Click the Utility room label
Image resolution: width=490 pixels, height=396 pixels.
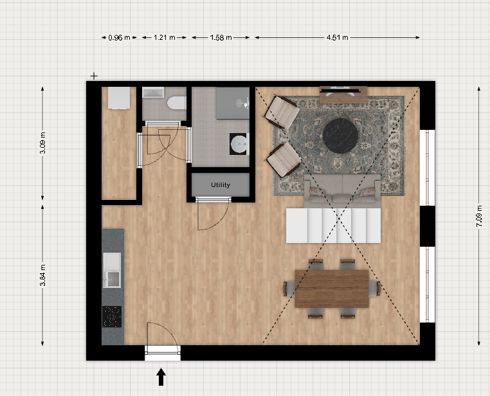221,185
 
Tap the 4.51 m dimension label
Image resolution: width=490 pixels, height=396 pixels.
337,37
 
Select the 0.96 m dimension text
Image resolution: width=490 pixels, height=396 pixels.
119,38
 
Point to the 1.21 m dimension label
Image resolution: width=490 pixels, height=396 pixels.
165,37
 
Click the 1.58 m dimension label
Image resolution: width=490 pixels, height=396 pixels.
221,38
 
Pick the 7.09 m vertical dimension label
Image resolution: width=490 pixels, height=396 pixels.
479,216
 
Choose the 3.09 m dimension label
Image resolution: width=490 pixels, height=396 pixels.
43,143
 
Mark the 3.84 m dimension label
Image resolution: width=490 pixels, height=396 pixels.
43,275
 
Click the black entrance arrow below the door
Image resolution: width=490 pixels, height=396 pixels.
161,377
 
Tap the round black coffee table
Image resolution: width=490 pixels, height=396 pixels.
340,136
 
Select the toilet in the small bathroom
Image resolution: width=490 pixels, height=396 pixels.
176,103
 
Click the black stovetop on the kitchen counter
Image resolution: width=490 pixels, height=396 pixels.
112,317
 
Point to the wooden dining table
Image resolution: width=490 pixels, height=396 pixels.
332,289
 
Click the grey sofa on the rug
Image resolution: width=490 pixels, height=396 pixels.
342,191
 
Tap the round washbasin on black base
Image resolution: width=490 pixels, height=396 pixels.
239,144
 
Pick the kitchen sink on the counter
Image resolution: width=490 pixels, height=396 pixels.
112,270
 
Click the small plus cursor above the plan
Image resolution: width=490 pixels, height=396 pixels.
94,76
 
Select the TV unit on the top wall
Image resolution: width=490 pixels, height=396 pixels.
343,94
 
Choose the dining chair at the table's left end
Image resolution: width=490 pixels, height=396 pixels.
289,289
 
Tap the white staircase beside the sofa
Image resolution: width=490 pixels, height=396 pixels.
334,226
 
